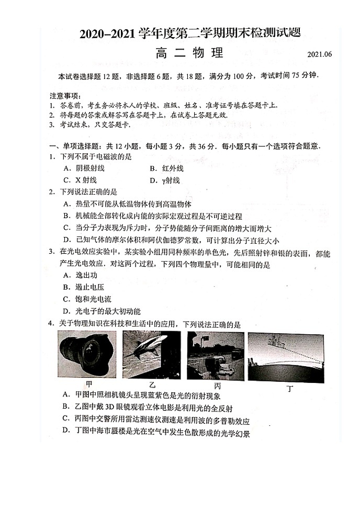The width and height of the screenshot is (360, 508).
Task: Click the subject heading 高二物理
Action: pyautogui.click(x=189, y=53)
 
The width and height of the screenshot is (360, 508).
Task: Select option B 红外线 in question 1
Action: pyautogui.click(x=166, y=168)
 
